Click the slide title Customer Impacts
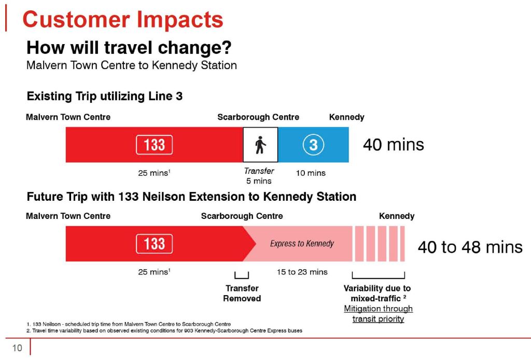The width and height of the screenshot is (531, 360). [x=123, y=20]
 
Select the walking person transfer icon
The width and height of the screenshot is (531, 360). [x=260, y=144]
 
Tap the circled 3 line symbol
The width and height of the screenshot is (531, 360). [x=313, y=144]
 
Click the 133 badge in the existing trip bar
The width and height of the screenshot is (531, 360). [x=154, y=144]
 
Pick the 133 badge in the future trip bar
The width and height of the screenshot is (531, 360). [x=154, y=243]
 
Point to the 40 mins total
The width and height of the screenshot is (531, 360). [x=393, y=144]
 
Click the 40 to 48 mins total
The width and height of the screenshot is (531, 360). [x=470, y=247]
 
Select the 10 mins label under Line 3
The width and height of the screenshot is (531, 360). [x=311, y=173]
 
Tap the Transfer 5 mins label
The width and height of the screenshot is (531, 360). [x=259, y=176]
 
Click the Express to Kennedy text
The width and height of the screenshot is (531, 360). [x=302, y=243]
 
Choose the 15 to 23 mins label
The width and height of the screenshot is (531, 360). [x=302, y=272]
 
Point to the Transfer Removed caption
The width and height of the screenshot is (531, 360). [x=242, y=293]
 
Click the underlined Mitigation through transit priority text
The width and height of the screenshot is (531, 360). [x=378, y=314]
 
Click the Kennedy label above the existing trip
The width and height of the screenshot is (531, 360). [x=346, y=117]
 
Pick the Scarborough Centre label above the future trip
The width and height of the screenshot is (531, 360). [x=242, y=216]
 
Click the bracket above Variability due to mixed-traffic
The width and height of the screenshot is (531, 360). [x=378, y=275]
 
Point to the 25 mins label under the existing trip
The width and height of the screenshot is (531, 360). [x=154, y=173]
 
